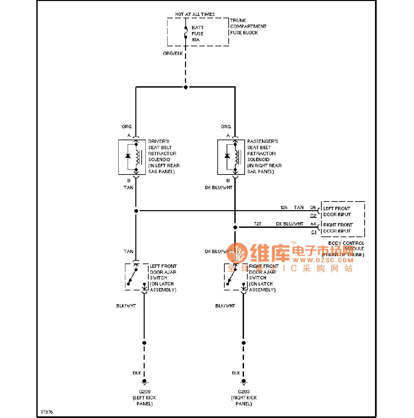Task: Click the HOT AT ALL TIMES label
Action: [195, 14]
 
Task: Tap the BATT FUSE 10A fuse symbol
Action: [186, 32]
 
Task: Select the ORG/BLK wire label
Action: [173, 53]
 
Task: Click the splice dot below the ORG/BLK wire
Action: [186, 87]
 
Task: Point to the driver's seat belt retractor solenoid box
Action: [132, 157]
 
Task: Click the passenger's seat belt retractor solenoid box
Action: [231, 157]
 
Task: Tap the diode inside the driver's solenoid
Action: [128, 156]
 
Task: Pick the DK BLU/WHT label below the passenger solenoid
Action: [218, 188]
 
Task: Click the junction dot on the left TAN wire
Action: [136, 211]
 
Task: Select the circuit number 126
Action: [284, 208]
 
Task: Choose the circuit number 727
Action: [257, 224]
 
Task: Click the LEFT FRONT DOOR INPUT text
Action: [337, 211]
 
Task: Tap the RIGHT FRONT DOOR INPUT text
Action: [338, 228]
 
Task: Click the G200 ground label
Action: [144, 392]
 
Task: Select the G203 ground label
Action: [244, 392]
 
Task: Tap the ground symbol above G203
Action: [244, 382]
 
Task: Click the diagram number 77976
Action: [47, 412]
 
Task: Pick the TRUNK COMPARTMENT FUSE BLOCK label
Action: [248, 26]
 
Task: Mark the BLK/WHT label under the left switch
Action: [126, 306]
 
